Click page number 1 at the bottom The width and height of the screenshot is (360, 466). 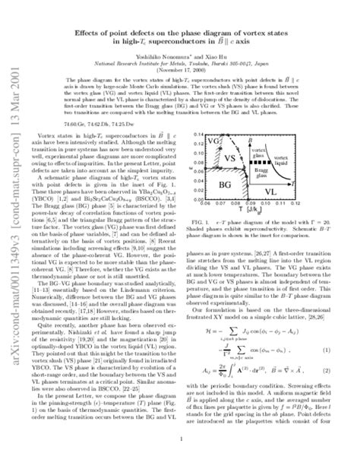coord(179,439)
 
